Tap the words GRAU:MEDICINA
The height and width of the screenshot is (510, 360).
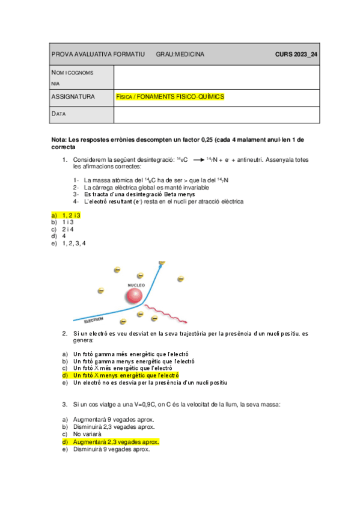(180, 54)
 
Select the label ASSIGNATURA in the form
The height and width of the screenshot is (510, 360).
(73, 96)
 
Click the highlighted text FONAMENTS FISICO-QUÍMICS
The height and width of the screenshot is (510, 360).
(180, 96)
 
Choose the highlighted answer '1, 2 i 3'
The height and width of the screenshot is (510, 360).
(71, 215)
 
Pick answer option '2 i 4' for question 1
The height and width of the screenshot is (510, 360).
(68, 229)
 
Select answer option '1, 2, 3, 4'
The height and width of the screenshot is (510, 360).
(74, 244)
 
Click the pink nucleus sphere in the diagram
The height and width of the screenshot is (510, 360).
(133, 296)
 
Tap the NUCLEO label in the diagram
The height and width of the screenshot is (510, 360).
(136, 284)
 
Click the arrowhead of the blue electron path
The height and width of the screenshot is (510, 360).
(161, 264)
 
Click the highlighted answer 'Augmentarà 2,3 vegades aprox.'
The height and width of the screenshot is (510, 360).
(112, 441)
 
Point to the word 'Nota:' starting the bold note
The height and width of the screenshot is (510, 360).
(59, 140)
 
